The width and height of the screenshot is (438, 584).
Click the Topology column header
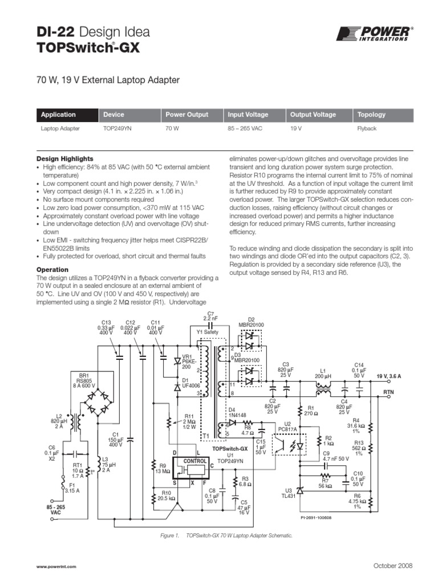click(371, 115)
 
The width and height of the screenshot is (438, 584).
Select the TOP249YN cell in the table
click(117, 129)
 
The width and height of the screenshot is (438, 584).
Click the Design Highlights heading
click(65, 159)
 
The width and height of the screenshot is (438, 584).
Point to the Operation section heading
click(52, 270)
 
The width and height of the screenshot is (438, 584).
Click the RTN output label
click(388, 392)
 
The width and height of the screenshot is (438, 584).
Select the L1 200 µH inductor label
click(323, 374)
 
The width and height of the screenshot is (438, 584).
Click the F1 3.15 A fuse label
click(71, 488)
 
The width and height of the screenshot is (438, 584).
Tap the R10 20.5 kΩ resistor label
click(166, 496)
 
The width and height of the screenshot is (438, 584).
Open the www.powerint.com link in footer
click(56, 566)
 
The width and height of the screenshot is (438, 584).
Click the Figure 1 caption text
click(227, 536)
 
